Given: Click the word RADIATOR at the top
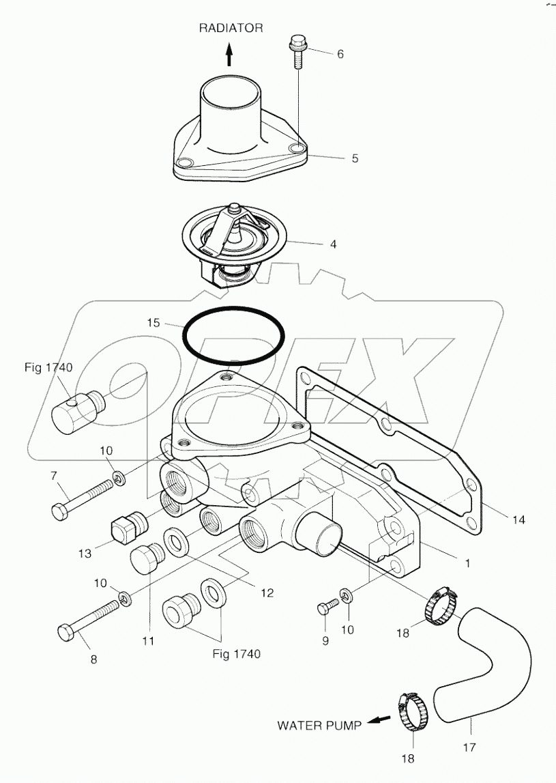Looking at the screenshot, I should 230,28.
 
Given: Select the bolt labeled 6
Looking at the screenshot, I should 298,52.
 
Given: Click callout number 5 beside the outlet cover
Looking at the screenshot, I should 355,158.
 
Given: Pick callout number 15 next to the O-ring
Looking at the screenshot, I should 153,323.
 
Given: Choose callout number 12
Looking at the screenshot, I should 266,593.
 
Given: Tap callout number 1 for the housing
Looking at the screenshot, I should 467,564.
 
